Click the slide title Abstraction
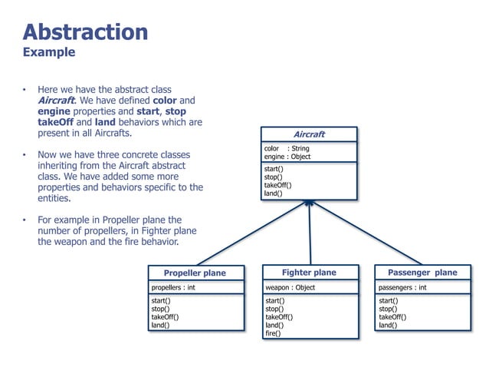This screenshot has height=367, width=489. pyautogui.click(x=85, y=31)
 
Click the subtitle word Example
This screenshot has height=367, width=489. pyautogui.click(x=49, y=53)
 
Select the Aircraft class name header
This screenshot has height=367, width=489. pyautogui.click(x=309, y=134)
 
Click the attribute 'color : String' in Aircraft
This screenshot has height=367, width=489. pyautogui.click(x=286, y=148)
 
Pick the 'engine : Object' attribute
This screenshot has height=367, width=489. pyautogui.click(x=288, y=157)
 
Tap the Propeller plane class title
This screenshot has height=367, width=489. pyautogui.click(x=195, y=273)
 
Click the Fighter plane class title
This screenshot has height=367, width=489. pyautogui.click(x=309, y=273)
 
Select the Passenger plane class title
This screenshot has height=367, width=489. pyautogui.click(x=422, y=273)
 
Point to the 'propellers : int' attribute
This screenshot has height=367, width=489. pyautogui.click(x=173, y=288)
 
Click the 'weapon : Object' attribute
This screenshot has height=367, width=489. pyautogui.click(x=290, y=288)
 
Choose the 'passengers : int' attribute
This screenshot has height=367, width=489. pyautogui.click(x=402, y=288)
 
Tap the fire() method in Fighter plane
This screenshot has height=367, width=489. pyautogui.click(x=273, y=333)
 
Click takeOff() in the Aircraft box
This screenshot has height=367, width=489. pyautogui.click(x=277, y=185)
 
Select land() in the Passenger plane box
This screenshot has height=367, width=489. pyautogui.click(x=388, y=325)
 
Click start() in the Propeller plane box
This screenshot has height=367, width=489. pyautogui.click(x=161, y=301)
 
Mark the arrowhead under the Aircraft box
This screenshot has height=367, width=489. pyautogui.click(x=309, y=204)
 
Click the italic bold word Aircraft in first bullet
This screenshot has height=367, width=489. pyautogui.click(x=56, y=101)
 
